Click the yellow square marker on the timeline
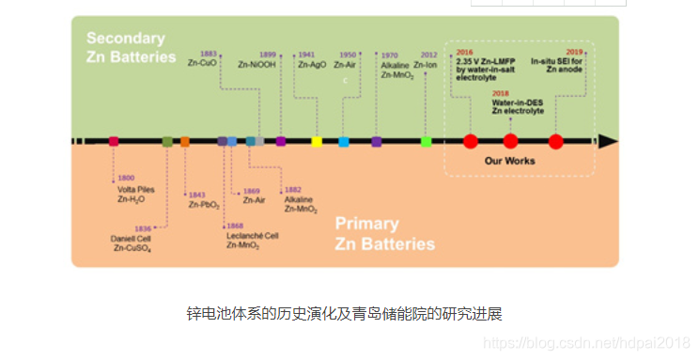tap(317, 141)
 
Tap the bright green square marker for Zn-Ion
tap(427, 141)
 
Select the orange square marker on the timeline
tap(184, 141)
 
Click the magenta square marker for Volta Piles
tap(114, 141)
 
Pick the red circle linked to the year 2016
tap(471, 141)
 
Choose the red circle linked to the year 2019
tap(555, 141)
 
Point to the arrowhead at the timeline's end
tap(608, 141)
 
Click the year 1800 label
tap(126, 178)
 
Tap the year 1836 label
tap(143, 228)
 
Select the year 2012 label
tap(429, 55)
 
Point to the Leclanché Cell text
tap(253, 235)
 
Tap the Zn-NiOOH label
tap(256, 65)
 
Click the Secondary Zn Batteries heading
tap(131, 48)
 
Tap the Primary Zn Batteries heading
tap(384, 234)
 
